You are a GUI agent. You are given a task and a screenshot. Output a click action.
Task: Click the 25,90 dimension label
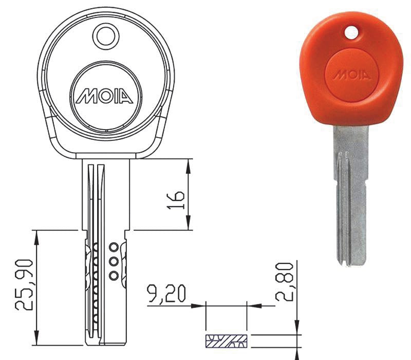[x=24, y=285]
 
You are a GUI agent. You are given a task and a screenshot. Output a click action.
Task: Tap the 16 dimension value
[x=176, y=200]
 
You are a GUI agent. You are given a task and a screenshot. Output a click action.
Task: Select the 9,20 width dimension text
[x=166, y=293]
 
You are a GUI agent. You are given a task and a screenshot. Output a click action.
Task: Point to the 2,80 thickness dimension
[x=285, y=281]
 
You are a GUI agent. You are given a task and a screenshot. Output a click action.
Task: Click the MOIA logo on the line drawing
[x=104, y=96]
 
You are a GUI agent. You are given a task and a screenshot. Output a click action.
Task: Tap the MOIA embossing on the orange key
[x=352, y=75]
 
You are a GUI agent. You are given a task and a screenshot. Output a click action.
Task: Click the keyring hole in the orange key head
[x=351, y=32]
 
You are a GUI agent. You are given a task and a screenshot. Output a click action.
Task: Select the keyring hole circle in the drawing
[x=106, y=37]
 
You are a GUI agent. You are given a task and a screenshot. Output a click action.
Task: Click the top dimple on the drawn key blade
[x=114, y=247]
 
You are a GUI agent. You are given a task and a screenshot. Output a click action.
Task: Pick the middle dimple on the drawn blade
[x=114, y=261]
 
